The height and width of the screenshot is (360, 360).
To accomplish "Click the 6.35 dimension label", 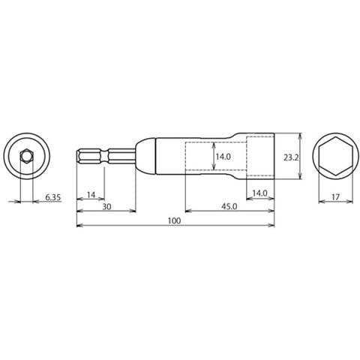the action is (53, 197).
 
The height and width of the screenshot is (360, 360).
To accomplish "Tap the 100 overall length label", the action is (174, 221).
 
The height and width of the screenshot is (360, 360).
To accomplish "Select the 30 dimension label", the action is (106, 207).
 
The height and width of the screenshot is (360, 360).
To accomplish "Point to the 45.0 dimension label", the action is (229, 207).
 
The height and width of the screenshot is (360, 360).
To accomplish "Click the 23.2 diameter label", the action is (291, 157).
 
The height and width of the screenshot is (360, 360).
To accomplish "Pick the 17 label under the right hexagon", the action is (335, 197).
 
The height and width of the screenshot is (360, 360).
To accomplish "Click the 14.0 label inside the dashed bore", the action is (223, 157).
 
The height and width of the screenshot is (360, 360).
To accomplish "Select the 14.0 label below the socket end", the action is (259, 193).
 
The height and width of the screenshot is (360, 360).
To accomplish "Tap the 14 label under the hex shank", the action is (91, 194).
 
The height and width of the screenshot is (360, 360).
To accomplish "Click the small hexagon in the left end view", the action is (26, 157).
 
